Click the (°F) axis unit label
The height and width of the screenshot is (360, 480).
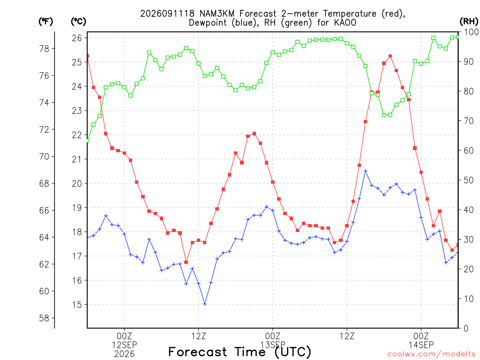tap(45, 22)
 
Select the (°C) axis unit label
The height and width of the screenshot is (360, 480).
tap(78, 22)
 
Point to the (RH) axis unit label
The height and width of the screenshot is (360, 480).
tap(469, 22)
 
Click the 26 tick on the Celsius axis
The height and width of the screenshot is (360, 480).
tap(77, 38)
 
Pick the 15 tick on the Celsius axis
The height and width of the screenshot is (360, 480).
tap(77, 305)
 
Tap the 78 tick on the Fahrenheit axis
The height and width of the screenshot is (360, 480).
tap(44, 49)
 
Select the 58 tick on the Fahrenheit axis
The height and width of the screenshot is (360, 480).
tap(44, 318)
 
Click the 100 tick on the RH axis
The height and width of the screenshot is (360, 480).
tap(471, 32)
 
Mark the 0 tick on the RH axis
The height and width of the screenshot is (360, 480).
tap(466, 328)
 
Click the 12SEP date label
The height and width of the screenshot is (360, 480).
tap(124, 345)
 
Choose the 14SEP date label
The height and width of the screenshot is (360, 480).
tap(421, 345)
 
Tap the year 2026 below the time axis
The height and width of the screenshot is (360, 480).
tap(124, 354)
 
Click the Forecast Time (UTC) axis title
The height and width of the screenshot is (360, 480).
tap(240, 352)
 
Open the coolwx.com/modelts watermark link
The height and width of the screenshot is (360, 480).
tap(431, 354)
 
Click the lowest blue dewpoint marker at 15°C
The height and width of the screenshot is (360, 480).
tap(205, 304)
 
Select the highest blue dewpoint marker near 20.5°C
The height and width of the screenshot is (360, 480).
tap(366, 171)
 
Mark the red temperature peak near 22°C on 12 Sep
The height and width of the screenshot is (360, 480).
tap(255, 134)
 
